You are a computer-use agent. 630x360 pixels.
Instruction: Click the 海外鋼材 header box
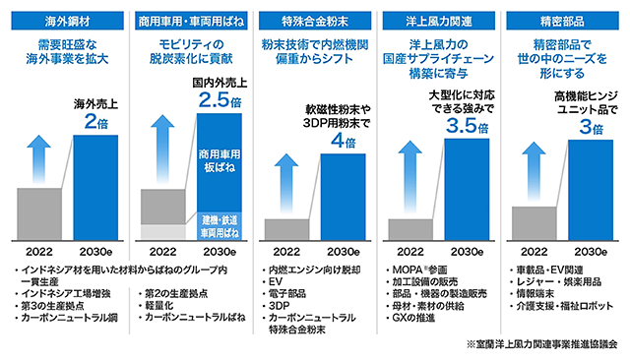coord(68,21)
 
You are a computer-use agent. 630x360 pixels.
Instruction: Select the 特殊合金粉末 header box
coord(315,21)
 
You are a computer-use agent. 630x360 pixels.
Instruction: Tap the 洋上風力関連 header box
coord(439,21)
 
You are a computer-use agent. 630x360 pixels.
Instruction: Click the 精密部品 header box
coord(562,21)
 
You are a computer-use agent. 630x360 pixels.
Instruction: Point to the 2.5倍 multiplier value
coord(220,100)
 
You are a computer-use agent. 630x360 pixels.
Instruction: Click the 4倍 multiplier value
coord(344,141)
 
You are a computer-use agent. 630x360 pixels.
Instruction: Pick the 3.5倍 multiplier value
coord(467,127)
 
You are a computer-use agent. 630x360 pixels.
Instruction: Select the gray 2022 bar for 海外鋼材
coord(39,214)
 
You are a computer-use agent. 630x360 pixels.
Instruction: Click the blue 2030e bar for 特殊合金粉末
coord(344,197)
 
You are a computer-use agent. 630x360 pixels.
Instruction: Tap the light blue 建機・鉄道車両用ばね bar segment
coord(220,226)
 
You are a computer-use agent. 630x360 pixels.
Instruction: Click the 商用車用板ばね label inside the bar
coord(220,160)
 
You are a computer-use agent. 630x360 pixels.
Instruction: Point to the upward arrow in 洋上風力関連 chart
coord(410,176)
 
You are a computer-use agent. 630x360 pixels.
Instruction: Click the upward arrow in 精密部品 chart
coord(534,176)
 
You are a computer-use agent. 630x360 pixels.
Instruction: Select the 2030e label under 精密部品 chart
coord(591,252)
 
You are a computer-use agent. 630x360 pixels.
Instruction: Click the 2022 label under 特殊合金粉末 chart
coord(286,252)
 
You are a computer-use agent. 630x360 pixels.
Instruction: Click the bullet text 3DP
coord(279,306)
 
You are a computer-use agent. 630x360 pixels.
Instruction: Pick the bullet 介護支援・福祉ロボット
coord(564,306)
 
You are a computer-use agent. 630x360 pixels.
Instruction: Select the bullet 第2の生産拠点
coord(176,294)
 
